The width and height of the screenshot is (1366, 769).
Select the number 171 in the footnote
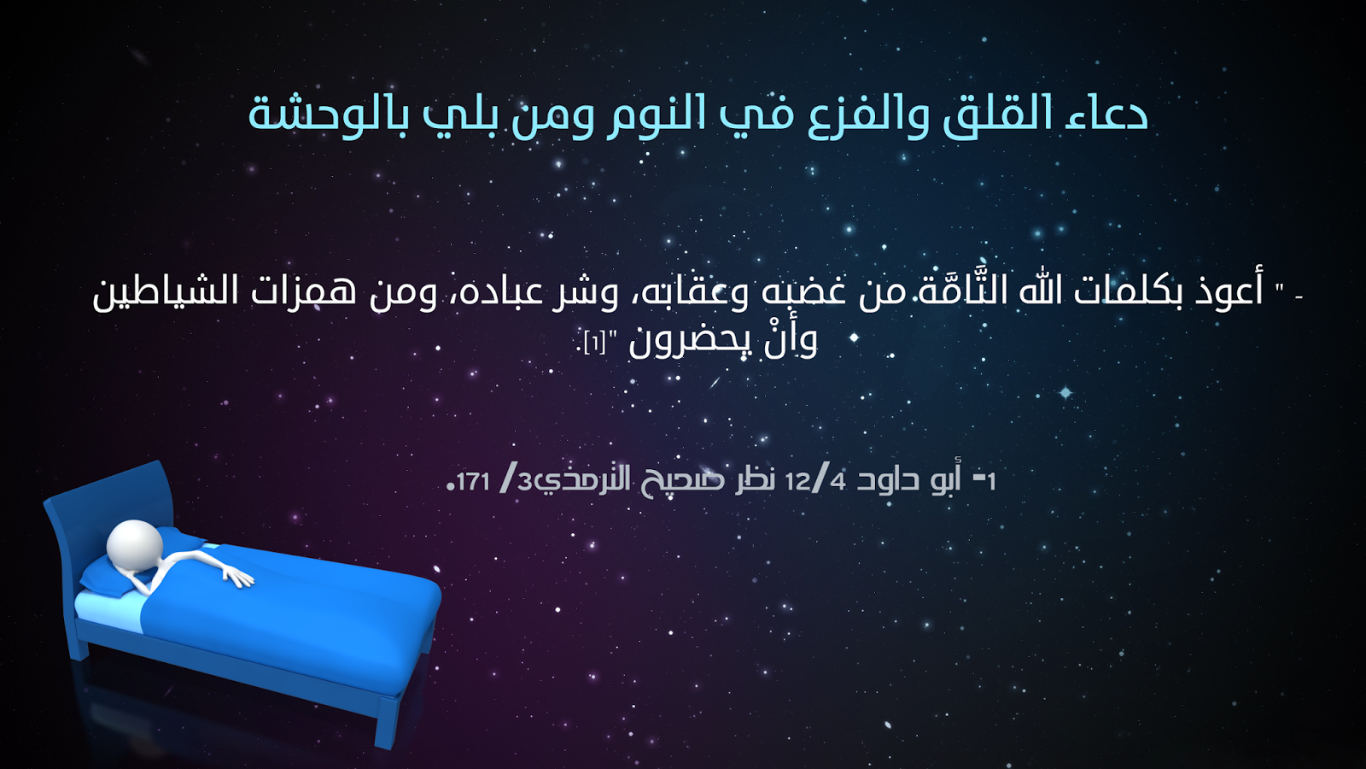(x=473, y=482)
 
